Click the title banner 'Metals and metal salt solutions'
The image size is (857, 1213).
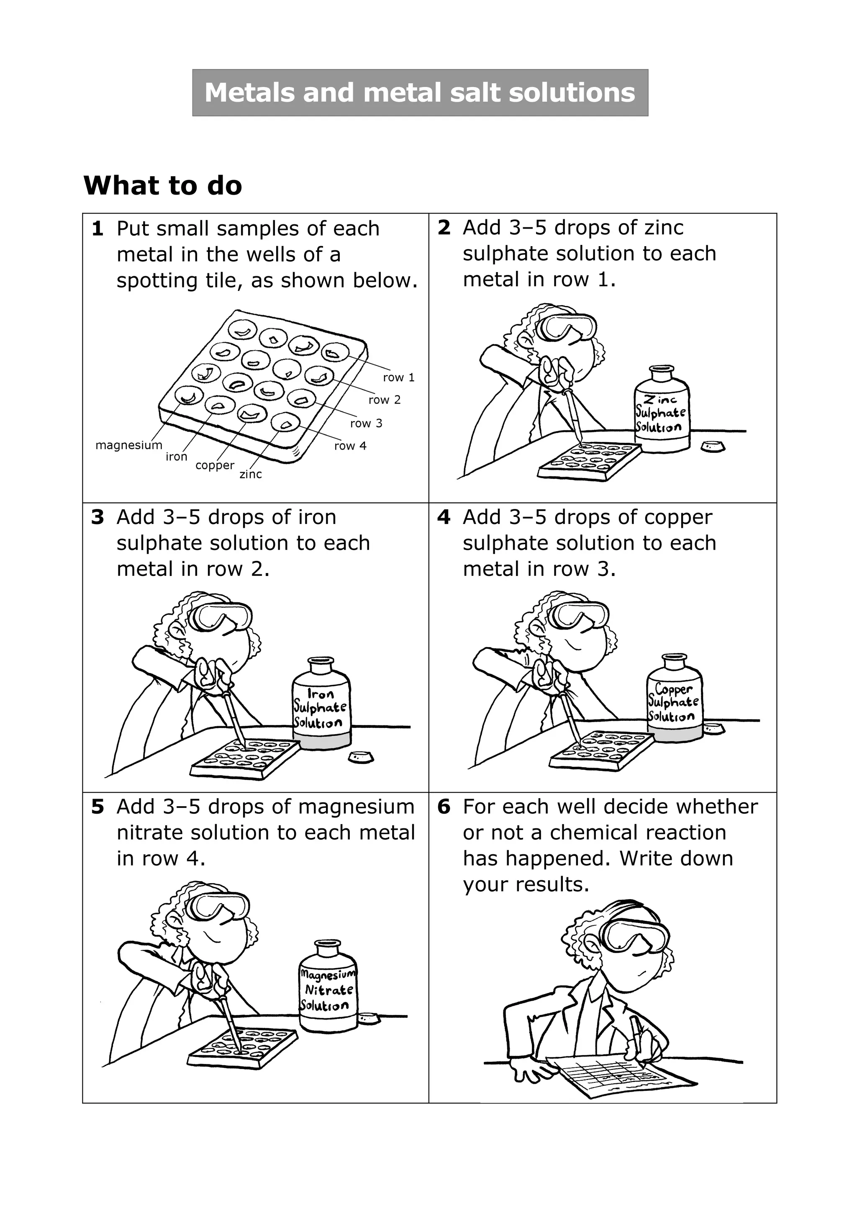point(420,93)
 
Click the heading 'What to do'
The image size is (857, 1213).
point(163,185)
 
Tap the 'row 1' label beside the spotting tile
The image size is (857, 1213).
point(399,377)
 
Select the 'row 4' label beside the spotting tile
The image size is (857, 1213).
point(350,446)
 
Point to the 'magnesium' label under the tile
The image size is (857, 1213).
point(129,445)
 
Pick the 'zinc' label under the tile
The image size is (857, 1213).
point(251,474)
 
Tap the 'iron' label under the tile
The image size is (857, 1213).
point(176,457)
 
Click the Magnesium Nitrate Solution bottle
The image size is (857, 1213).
point(328,986)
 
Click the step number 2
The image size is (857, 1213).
point(444,228)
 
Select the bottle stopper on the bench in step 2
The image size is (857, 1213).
point(713,447)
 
